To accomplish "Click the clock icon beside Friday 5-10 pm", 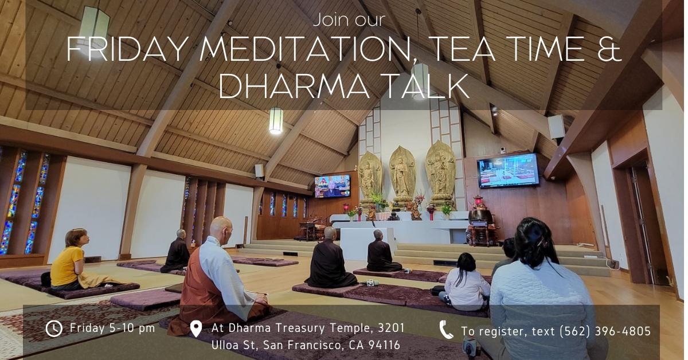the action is (54, 328).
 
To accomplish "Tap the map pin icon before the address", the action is (196, 329).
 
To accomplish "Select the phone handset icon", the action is (446, 330).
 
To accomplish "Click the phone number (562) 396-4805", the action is (605, 331).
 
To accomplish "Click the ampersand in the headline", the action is (609, 48).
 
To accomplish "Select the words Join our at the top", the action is (349, 19).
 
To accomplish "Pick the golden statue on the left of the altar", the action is (370, 178).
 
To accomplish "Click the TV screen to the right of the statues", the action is (508, 170).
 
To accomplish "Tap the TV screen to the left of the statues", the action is (333, 186).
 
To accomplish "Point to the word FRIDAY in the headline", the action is (127, 49).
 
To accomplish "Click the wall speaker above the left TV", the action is (259, 170).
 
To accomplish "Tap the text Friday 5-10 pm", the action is (112, 328).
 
